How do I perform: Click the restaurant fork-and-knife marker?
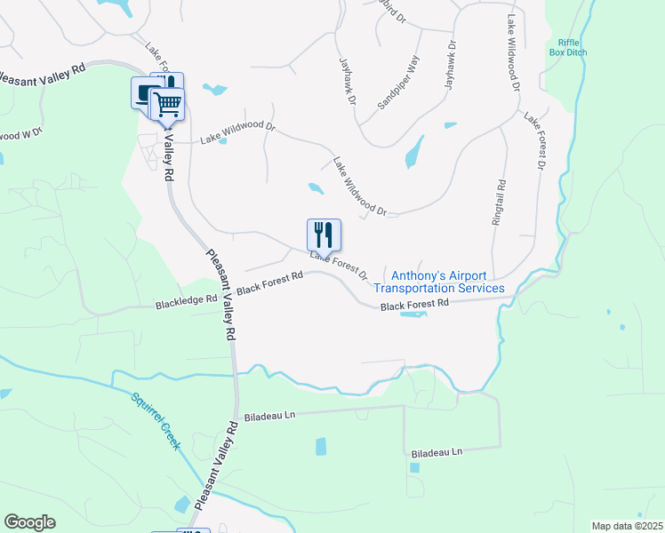(324, 235)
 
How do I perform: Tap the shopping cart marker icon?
(167, 105)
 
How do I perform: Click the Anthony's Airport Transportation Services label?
(439, 282)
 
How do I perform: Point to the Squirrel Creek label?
(156, 422)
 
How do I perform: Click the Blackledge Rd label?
(187, 300)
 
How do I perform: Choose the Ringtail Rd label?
(501, 203)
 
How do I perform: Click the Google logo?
(29, 522)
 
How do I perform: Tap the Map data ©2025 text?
(627, 526)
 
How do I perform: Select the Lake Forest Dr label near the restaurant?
(339, 265)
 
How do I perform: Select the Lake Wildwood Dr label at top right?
(514, 54)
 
